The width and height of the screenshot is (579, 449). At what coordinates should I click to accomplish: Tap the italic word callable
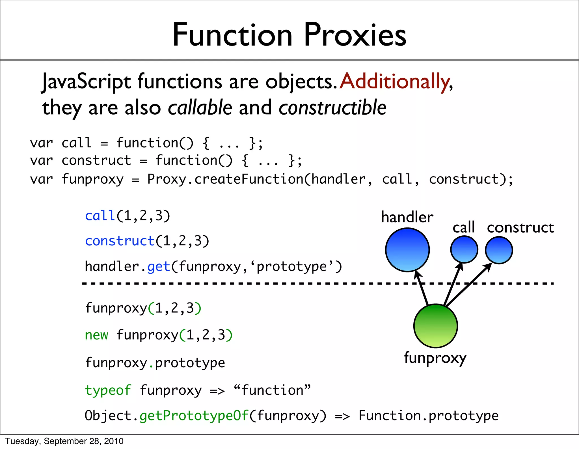(x=200, y=108)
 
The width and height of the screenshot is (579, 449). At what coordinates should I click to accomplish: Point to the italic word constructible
(x=332, y=108)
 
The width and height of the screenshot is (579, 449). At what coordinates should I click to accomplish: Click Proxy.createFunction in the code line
(x=225, y=179)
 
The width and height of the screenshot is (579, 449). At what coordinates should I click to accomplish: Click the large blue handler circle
(x=407, y=250)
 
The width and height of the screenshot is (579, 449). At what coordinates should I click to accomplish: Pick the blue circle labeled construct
(x=499, y=250)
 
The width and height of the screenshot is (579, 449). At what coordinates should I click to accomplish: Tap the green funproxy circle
(x=435, y=326)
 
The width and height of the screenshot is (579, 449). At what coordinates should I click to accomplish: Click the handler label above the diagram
(x=407, y=217)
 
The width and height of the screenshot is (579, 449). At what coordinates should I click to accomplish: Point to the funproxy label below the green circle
(x=435, y=358)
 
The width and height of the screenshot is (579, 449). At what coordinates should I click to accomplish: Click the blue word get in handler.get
(x=159, y=267)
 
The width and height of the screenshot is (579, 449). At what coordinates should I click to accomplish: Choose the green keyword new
(x=96, y=335)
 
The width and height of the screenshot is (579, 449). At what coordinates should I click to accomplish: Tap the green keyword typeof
(x=108, y=390)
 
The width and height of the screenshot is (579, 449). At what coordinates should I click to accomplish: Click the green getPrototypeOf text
(x=194, y=416)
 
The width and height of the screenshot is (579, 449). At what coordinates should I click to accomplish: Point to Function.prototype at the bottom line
(x=428, y=416)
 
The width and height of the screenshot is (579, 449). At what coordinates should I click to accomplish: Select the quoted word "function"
(x=272, y=390)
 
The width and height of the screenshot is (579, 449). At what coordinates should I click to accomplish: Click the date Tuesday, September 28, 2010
(x=64, y=441)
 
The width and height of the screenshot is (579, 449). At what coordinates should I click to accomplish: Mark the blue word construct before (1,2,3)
(x=120, y=241)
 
